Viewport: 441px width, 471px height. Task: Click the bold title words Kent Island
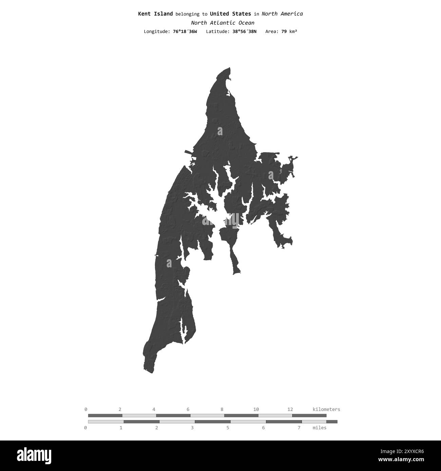tap(155, 14)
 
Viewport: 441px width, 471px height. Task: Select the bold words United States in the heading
tap(230, 14)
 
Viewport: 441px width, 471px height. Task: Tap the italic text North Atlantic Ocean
tap(222, 23)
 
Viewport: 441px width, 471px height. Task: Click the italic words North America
tap(282, 14)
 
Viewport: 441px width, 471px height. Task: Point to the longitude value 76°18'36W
tap(185, 32)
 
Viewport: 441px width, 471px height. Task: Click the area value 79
tap(284, 32)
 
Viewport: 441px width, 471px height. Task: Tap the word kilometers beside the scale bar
tap(326, 409)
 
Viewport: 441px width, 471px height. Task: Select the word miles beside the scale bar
tap(319, 428)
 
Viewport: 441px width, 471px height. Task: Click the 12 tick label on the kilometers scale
tap(290, 409)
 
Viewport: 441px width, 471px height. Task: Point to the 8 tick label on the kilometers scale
tap(222, 409)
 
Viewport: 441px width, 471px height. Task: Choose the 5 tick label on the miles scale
tap(228, 428)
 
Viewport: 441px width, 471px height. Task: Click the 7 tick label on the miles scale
tap(299, 428)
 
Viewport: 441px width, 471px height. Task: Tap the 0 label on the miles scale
tap(85, 428)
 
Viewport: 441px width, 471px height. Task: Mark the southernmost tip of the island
tap(152, 372)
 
